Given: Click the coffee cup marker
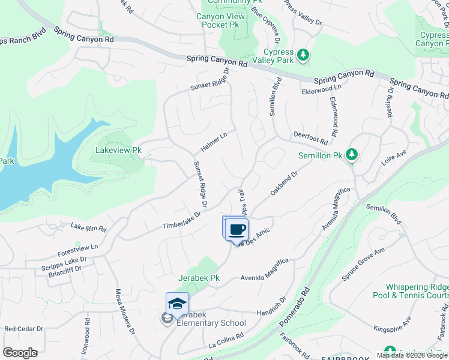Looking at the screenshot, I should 238,229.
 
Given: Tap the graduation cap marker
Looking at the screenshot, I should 178,304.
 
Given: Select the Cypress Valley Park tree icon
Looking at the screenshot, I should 304,55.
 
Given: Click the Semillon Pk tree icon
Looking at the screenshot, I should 352,155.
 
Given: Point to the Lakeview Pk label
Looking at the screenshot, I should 119,150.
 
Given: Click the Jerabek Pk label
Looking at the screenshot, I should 199,278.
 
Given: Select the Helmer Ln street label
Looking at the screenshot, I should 214,142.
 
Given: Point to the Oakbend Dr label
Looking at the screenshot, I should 284,183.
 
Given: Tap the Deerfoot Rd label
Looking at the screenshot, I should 310,139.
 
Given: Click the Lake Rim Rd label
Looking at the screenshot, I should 88,227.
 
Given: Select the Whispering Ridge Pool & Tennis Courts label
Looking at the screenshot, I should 417,292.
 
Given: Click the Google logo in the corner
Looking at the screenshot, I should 20,353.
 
